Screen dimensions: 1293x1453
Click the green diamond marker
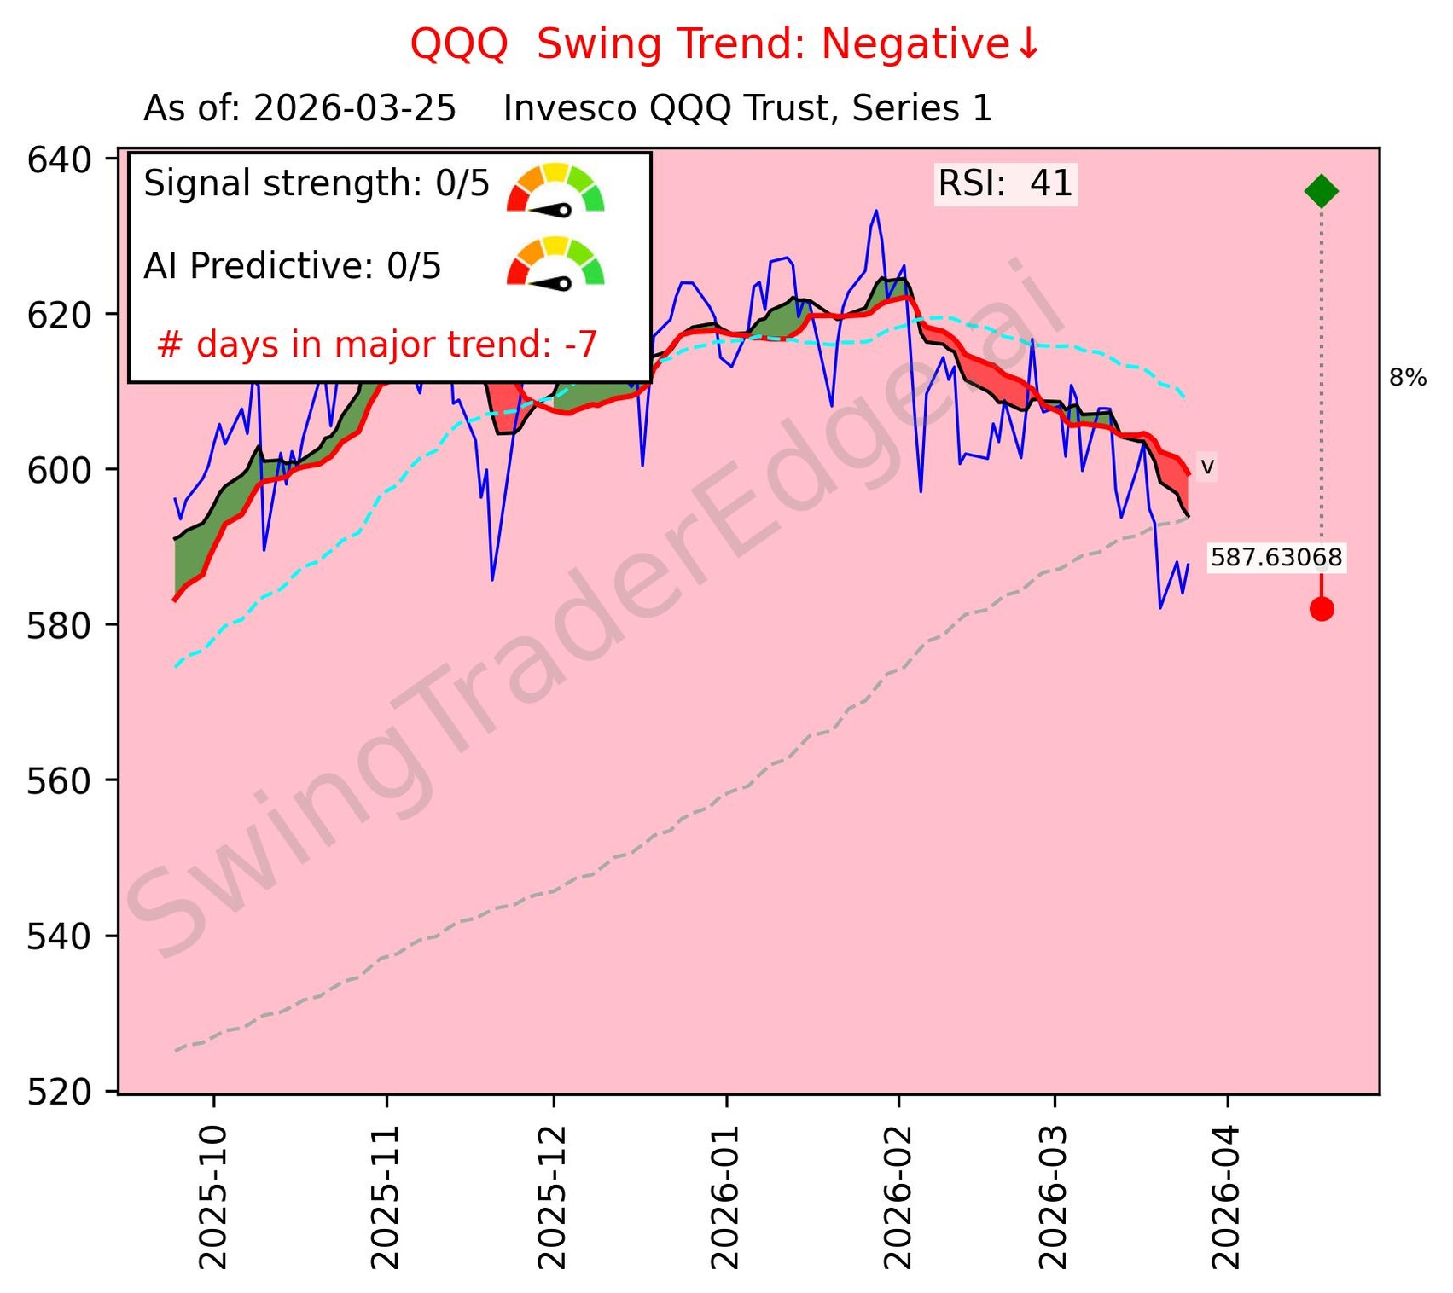[1321, 191]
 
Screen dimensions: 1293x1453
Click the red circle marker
[1322, 609]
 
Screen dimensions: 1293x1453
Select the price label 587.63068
[1276, 558]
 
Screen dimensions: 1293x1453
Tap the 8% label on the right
[1408, 378]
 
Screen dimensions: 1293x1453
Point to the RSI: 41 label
[1005, 184]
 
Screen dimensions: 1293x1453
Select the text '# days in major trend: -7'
[377, 345]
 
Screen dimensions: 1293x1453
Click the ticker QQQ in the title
[459, 44]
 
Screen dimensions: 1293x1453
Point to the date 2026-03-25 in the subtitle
[354, 109]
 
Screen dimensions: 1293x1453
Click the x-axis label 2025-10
[213, 1197]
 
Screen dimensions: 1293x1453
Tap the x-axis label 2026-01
[726, 1197]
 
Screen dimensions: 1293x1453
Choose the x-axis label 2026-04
[1228, 1197]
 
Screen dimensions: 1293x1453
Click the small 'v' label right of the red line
[1207, 467]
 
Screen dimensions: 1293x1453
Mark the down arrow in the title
[1029, 44]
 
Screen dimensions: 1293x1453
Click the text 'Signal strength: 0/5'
[317, 184]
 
